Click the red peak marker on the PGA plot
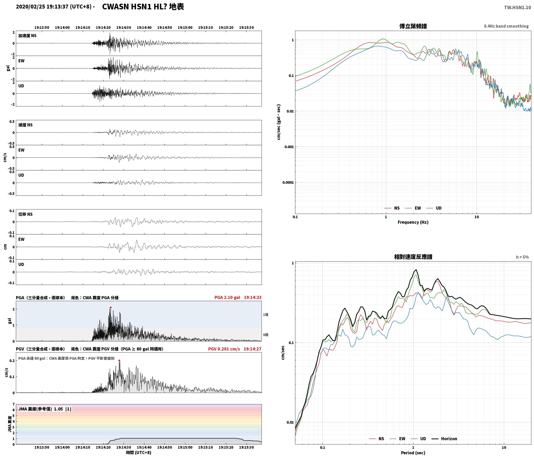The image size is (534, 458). tap(111, 307)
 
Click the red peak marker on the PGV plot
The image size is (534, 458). tap(119, 360)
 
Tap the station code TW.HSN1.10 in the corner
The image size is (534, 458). tap(517, 8)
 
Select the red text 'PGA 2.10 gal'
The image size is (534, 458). tap(227, 297)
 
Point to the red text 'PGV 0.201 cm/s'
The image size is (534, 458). tap(224, 349)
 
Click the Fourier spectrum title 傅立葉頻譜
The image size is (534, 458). tap(413, 26)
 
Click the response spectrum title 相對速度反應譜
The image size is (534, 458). tap(413, 257)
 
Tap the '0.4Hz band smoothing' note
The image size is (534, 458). tap(506, 26)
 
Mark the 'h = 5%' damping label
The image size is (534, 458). tap(522, 257)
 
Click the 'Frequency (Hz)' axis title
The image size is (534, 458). tap(413, 222)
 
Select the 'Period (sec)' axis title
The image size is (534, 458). tap(413, 453)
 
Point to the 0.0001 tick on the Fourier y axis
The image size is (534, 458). tap(288, 182)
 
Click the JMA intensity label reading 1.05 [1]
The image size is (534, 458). tap(45, 409)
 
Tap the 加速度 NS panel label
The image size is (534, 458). tap(27, 36)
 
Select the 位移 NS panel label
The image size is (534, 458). tap(26, 214)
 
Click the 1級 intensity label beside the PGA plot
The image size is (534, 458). tap(265, 315)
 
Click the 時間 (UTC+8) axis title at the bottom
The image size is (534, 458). tap(139, 452)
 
